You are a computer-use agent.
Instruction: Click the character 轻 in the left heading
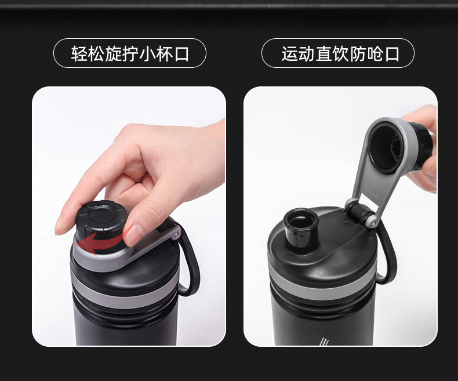[x=79, y=54]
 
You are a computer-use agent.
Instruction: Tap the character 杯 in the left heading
[x=164, y=54]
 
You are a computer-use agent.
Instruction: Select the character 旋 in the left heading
[x=113, y=54]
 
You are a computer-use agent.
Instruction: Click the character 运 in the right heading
[x=289, y=54]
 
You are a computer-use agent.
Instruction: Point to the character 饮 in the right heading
[x=340, y=54]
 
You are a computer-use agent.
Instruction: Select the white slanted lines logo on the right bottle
[x=324, y=341]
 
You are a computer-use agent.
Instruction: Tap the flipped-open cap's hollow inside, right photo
[x=386, y=147]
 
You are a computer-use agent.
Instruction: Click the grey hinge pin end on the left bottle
[x=176, y=235]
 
